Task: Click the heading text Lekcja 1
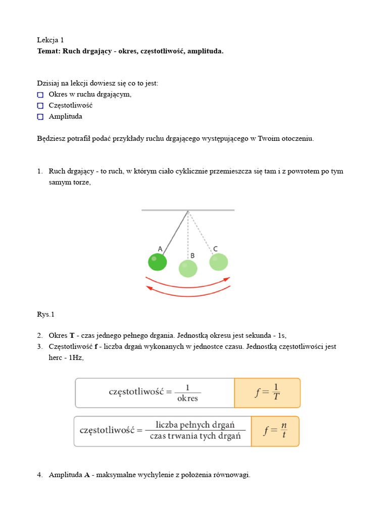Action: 51,40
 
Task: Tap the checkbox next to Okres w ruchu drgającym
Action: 40,94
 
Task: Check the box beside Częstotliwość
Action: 40,106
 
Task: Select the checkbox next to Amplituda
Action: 40,117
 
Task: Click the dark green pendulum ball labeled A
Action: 157,262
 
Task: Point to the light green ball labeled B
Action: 188,269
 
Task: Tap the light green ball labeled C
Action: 219,262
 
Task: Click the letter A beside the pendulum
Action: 160,249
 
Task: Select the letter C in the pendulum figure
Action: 215,248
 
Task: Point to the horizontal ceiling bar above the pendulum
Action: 188,210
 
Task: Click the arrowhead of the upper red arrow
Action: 227,279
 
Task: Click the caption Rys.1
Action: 45,315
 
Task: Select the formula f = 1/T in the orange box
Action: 267,393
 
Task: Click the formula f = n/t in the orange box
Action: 275,431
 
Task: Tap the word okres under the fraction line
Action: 187,398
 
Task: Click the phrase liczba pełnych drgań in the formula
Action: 195,425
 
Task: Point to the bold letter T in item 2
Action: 72,336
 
